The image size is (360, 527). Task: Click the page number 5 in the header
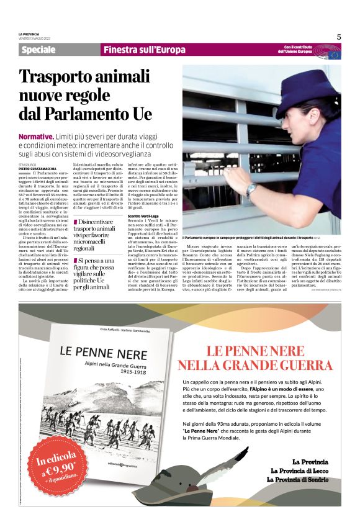[338, 37]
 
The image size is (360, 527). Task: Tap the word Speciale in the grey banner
[38, 50]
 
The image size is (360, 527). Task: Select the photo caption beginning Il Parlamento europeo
[248, 238]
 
